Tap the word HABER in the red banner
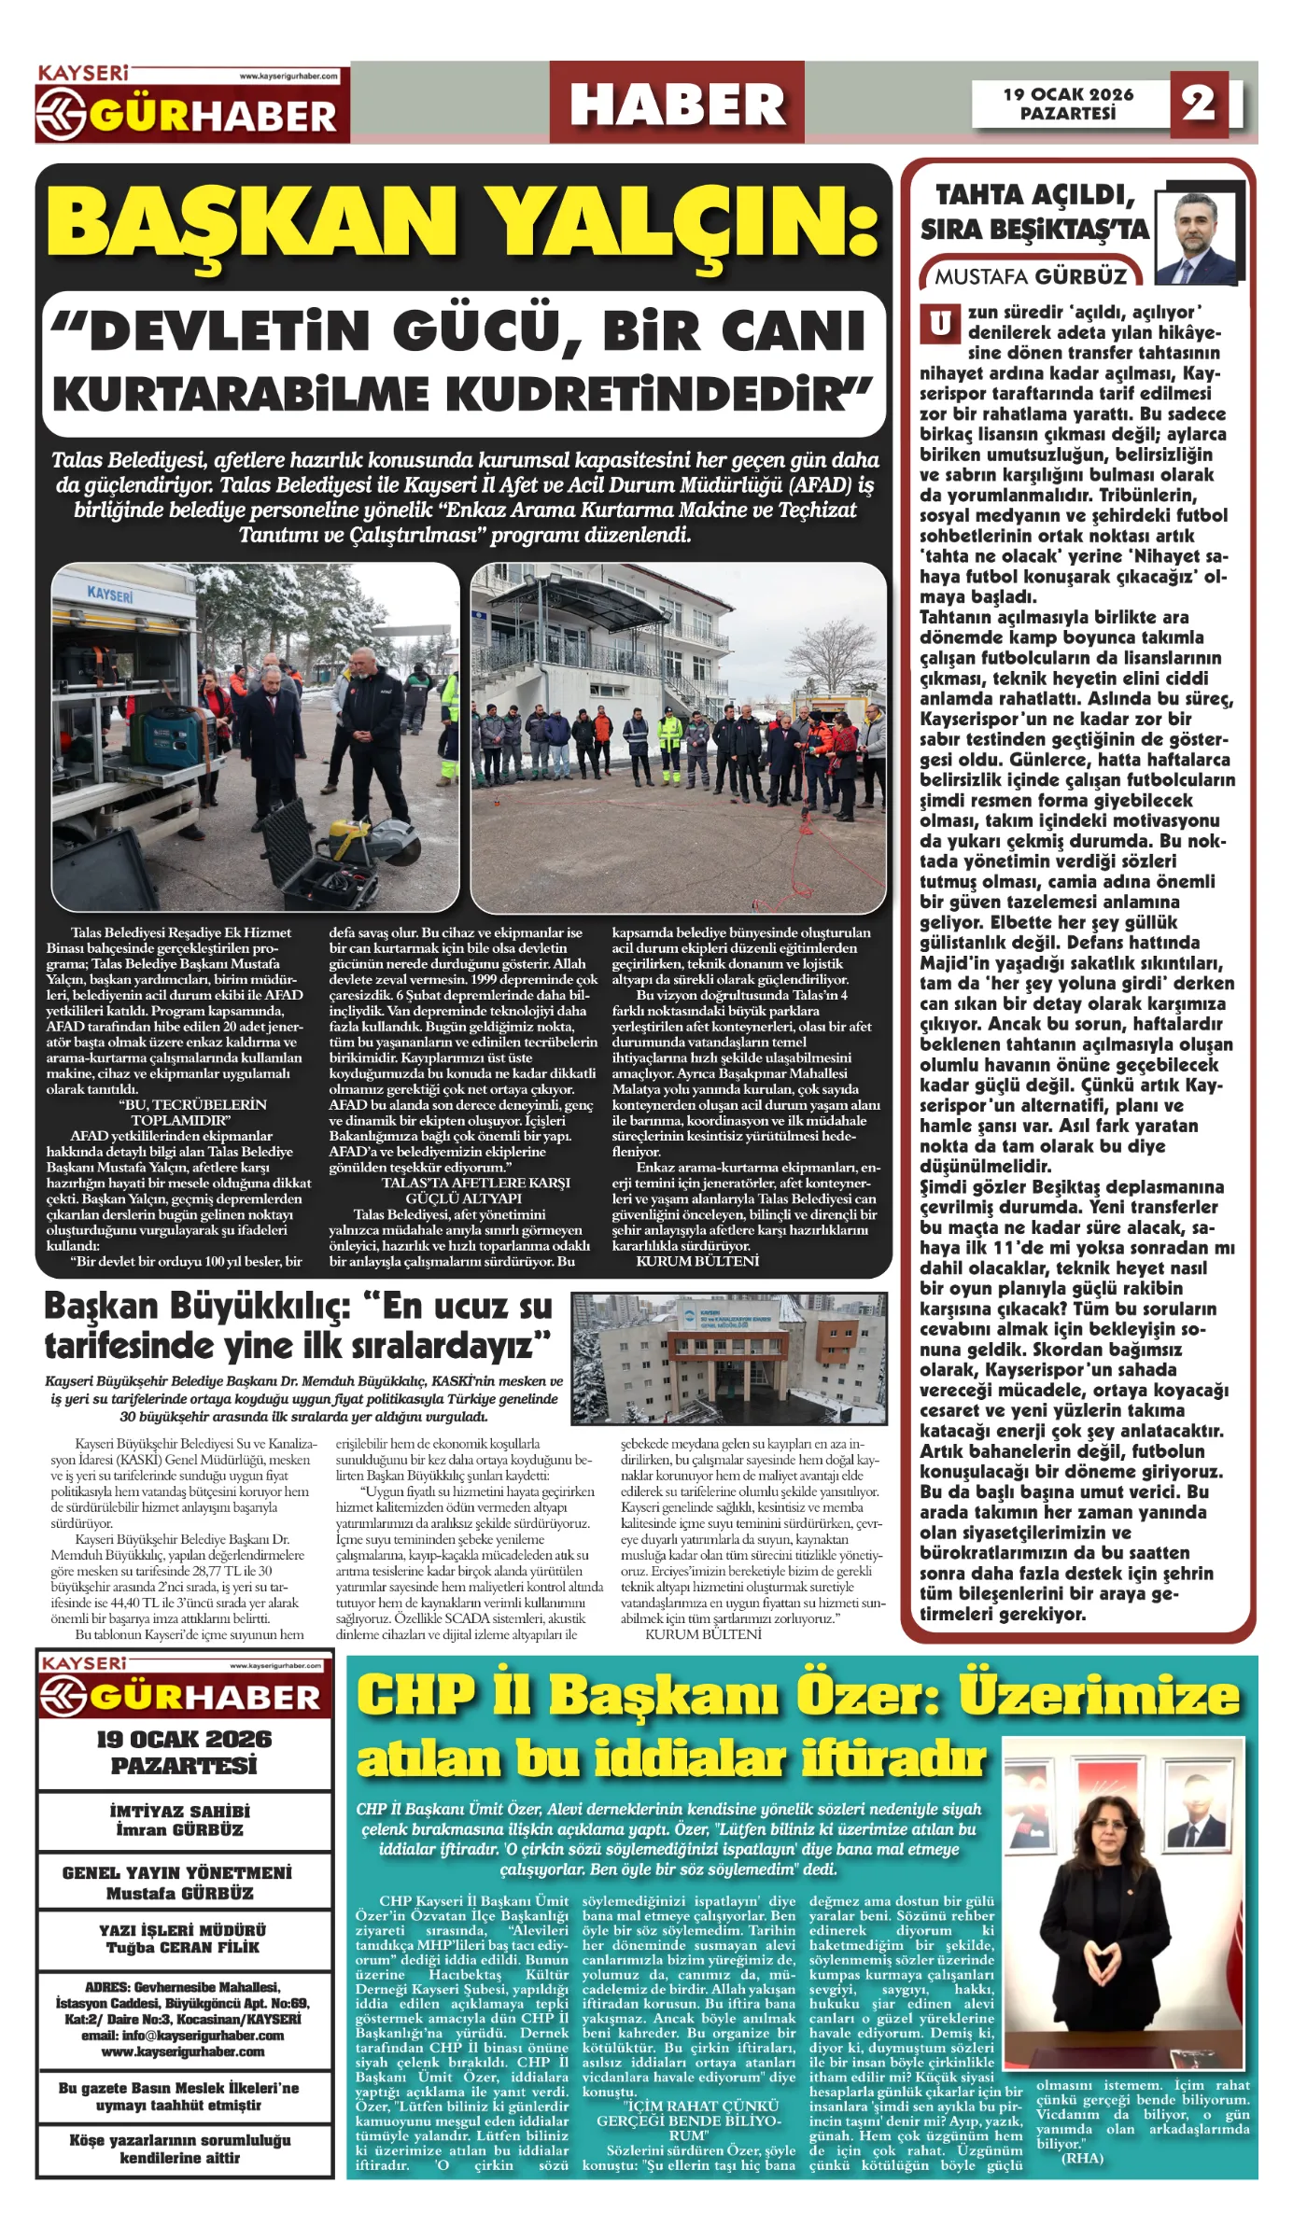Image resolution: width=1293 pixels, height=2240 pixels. (677, 104)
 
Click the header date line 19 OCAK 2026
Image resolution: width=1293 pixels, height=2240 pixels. (1068, 94)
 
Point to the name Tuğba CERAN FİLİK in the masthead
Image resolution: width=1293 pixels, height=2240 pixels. (182, 1947)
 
